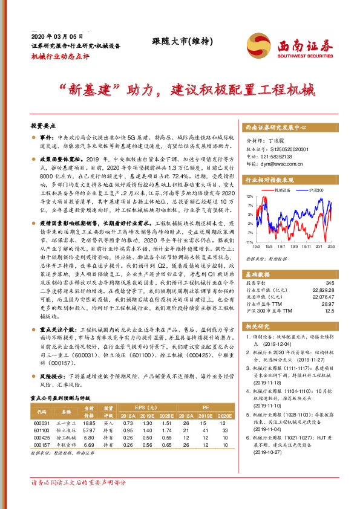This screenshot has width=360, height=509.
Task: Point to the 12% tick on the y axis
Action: coord(249,196)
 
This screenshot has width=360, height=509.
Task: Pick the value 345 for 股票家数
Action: coord(329,284)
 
